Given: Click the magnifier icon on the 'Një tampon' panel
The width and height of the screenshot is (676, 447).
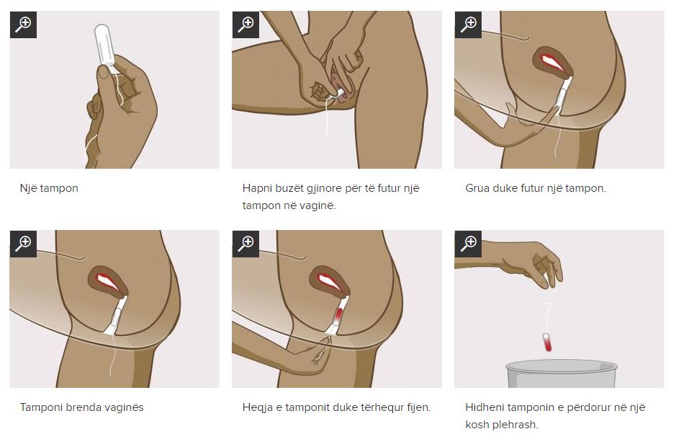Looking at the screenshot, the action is click(23, 25).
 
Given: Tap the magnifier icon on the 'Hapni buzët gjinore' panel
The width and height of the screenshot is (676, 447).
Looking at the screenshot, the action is click(245, 25).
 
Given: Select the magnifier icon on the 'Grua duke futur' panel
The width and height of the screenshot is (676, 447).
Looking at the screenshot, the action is click(468, 25).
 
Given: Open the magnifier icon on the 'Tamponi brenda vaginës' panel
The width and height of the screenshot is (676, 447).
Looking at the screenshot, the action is click(23, 244).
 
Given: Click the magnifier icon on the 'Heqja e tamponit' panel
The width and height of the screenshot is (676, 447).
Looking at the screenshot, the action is click(245, 244).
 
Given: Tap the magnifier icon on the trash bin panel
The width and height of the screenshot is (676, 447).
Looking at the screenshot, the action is click(468, 244).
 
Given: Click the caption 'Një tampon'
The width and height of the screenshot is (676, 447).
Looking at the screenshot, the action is click(49, 188).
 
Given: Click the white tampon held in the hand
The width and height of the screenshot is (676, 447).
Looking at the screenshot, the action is click(103, 45).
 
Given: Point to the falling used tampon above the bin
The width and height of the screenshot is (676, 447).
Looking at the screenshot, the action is click(548, 342).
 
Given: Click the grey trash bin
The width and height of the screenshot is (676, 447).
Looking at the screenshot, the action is click(562, 374).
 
